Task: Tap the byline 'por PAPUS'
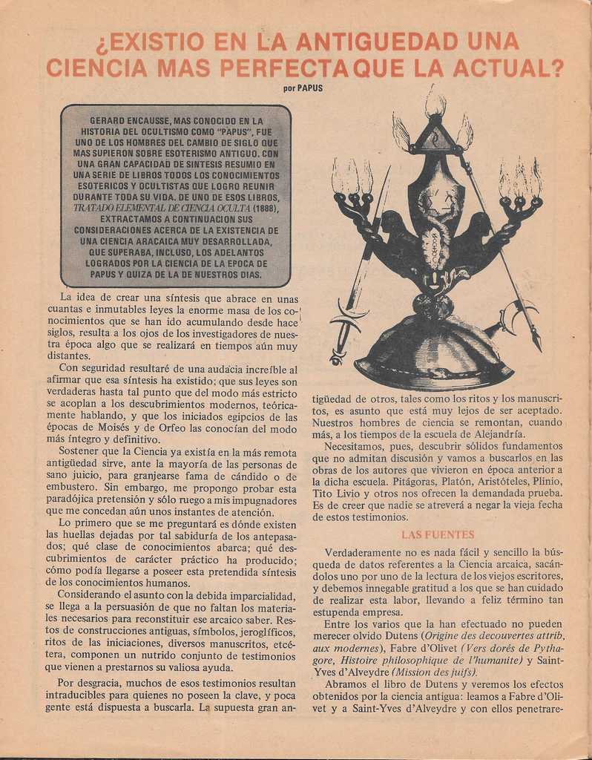tap(303, 88)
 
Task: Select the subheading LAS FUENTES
tap(438, 534)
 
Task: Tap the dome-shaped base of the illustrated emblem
tap(434, 357)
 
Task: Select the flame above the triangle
tap(435, 104)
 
